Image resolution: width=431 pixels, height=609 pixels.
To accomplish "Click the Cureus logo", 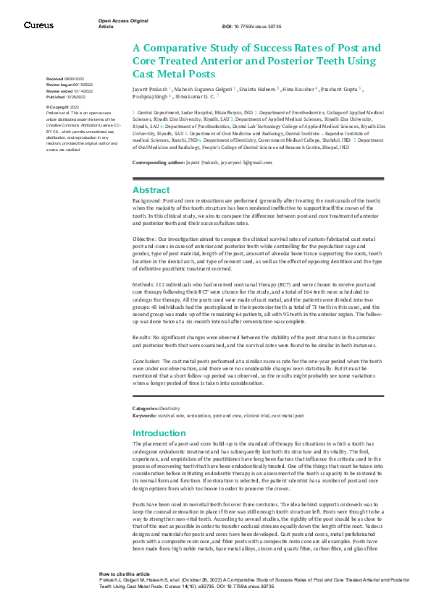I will (38, 25).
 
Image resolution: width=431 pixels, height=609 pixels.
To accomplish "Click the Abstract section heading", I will (151, 190).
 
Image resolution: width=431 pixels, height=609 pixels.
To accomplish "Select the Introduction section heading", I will (160, 433).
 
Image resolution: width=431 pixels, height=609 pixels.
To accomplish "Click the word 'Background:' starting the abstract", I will (147, 199).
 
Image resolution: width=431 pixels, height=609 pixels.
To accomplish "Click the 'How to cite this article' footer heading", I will (125, 572).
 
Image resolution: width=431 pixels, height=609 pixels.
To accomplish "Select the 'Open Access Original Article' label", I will (120, 24).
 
